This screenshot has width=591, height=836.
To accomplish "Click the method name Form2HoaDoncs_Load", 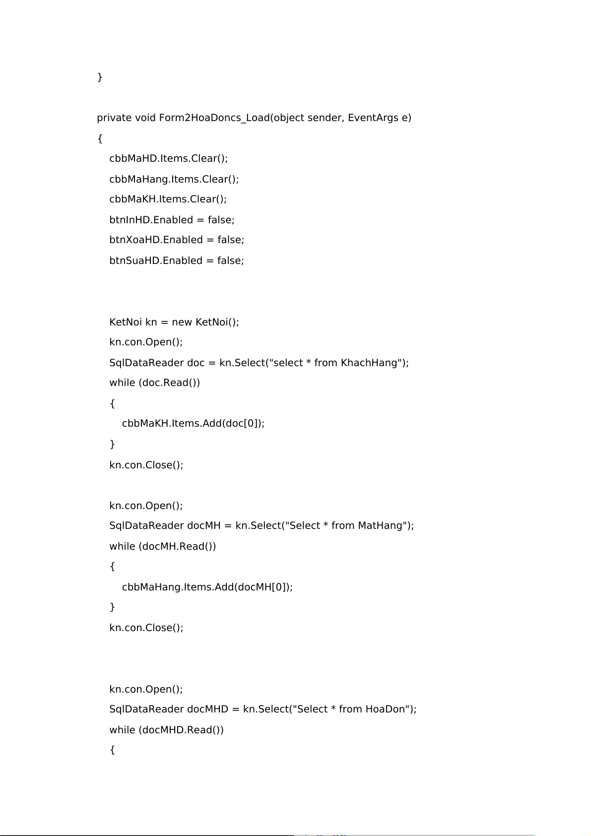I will click(214, 118).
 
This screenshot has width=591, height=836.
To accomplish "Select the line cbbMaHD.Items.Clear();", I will click(169, 159).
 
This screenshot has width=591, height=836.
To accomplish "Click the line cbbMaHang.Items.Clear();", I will click(174, 179).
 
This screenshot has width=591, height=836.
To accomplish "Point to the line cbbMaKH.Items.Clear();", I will click(168, 199).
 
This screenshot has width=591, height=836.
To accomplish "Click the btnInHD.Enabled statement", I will click(172, 220).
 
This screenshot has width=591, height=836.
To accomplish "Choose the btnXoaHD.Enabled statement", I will click(177, 240).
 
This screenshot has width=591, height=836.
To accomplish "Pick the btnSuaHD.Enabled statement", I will click(177, 261).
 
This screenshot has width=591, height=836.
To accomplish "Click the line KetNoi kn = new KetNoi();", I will click(174, 322).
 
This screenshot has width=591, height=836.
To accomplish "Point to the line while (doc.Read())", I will click(155, 383).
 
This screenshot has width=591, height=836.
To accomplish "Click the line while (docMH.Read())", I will click(163, 546).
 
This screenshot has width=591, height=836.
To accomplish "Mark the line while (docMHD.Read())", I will click(167, 730).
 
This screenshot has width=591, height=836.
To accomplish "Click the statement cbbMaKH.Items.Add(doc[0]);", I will click(193, 424).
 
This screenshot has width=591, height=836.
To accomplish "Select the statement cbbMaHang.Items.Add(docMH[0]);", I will click(207, 587).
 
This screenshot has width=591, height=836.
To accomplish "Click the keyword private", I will click(114, 118).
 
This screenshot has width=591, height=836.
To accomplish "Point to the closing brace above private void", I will click(100, 77).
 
